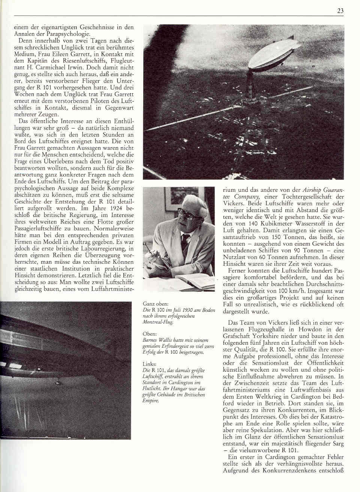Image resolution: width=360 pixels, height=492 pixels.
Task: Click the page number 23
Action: tap(340, 11)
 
